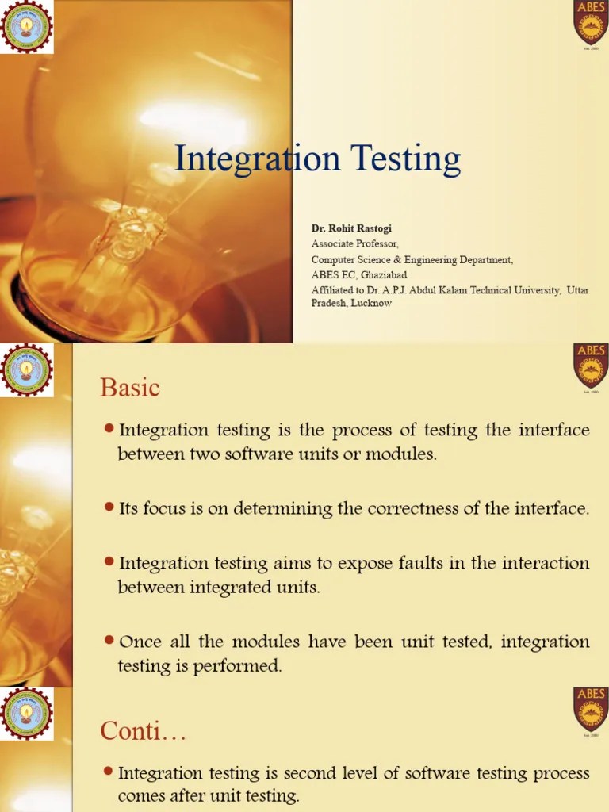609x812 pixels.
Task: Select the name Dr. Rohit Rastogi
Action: [351, 228]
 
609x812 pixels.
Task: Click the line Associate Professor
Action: [354, 243]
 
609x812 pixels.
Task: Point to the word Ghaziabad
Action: [386, 274]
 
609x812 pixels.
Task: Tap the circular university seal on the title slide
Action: [27, 26]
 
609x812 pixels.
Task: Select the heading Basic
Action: [130, 388]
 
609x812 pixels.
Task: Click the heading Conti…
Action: [143, 731]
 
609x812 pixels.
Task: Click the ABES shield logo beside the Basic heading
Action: [590, 366]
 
